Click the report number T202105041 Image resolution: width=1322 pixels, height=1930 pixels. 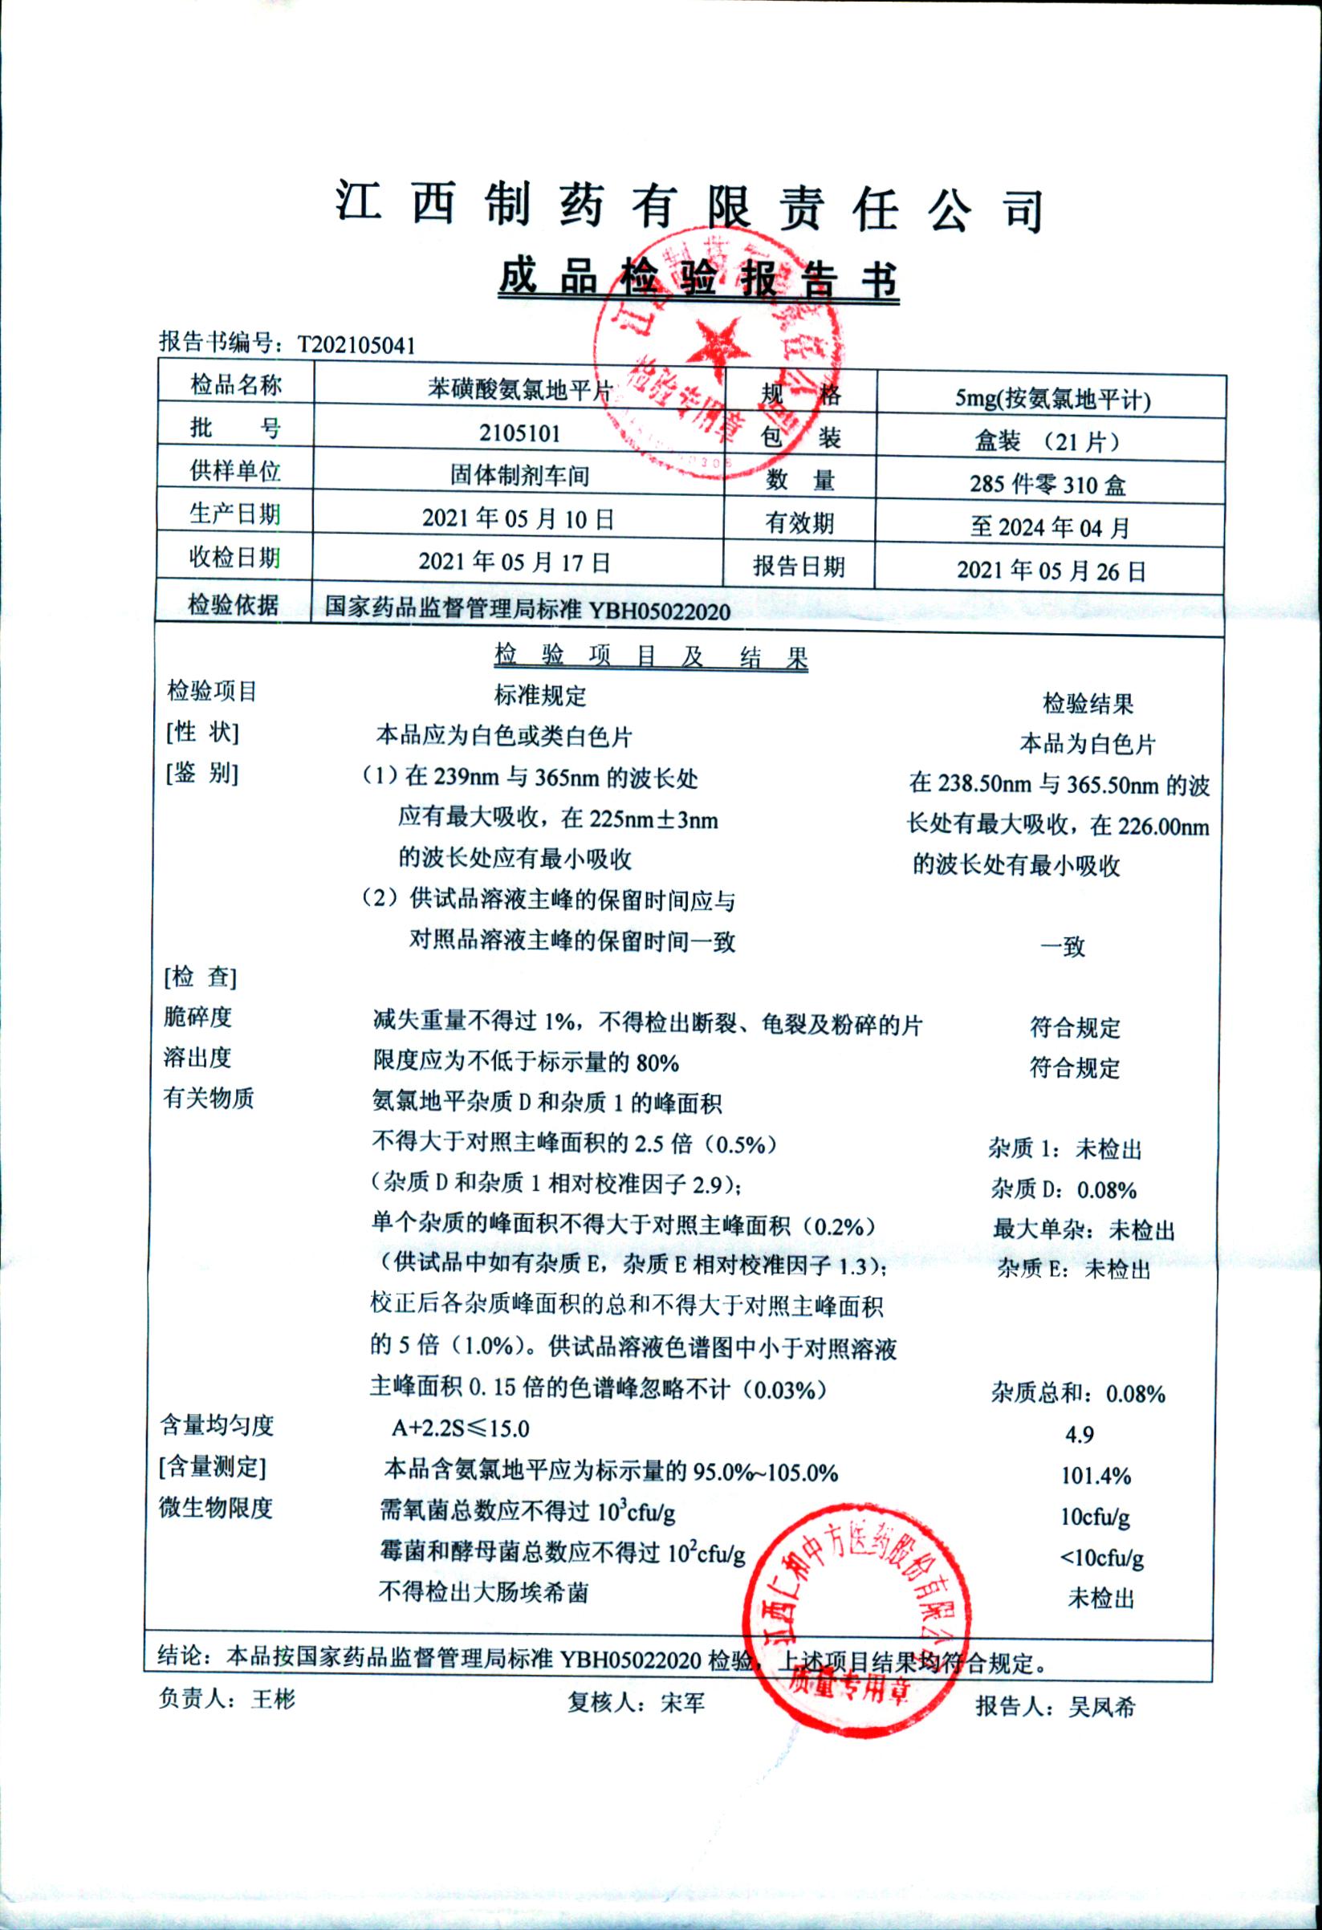(356, 344)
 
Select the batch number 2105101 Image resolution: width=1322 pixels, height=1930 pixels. (519, 433)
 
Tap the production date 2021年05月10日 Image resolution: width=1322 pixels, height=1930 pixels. (518, 519)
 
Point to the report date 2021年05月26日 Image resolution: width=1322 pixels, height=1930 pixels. (1051, 571)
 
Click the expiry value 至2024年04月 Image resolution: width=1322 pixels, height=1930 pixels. (1050, 527)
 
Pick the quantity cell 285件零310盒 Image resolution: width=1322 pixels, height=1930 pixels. (1047, 484)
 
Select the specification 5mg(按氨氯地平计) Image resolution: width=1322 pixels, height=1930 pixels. (1052, 400)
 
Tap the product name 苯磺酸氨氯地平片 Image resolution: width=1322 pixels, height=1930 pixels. (519, 389)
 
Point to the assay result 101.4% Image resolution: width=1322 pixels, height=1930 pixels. (1096, 1476)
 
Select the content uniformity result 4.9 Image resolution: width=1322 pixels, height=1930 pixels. (1080, 1434)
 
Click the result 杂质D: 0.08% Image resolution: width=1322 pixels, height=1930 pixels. (1063, 1190)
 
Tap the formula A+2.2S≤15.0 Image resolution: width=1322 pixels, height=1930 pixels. (460, 1428)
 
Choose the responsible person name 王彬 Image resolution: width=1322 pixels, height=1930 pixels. (273, 1699)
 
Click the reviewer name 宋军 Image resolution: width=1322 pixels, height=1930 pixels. (682, 1703)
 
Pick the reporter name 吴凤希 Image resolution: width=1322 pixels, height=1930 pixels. (1101, 1708)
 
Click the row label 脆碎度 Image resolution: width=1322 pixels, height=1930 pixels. (197, 1017)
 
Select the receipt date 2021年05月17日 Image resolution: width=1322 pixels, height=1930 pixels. (514, 563)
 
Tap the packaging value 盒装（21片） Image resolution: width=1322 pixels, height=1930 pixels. (1048, 441)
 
